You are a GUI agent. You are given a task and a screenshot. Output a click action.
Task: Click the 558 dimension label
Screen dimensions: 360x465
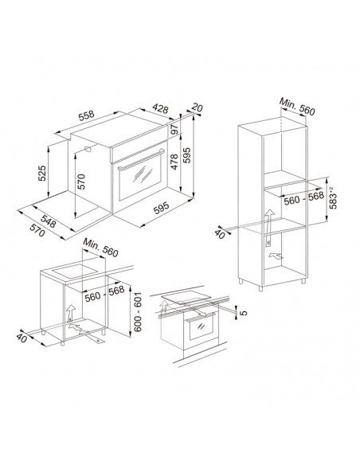(86, 115)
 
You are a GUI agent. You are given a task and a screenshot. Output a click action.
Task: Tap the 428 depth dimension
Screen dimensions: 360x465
(160, 109)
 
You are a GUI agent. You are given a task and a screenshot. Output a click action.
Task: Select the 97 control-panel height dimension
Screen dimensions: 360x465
(174, 129)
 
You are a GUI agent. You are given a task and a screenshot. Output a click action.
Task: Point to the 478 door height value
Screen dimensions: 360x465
(174, 162)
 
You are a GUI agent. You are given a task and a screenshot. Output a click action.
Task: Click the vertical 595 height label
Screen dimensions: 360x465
(187, 155)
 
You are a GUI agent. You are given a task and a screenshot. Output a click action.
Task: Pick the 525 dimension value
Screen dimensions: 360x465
(42, 173)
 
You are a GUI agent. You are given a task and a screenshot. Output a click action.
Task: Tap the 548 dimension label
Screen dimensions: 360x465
(48, 221)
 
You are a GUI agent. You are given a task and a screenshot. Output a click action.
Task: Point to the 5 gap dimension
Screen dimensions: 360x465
(243, 313)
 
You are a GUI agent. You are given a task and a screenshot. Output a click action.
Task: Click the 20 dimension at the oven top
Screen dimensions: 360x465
(197, 107)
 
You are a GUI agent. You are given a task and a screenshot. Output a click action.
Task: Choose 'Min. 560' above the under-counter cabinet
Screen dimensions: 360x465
(100, 248)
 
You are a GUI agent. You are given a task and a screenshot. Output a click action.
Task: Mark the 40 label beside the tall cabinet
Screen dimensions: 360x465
(220, 233)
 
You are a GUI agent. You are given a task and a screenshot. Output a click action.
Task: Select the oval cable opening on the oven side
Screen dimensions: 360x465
(88, 149)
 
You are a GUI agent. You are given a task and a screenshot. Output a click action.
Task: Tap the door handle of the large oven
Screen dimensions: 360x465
(141, 160)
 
